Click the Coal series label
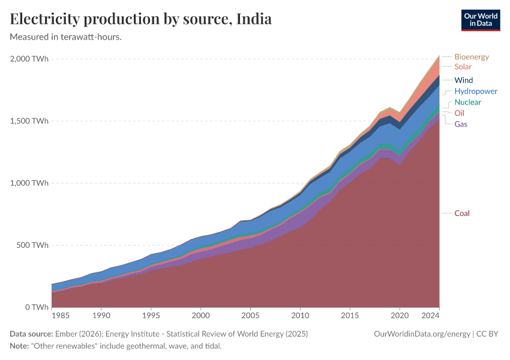462,214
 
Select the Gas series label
461,124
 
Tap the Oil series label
459,113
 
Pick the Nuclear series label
467,103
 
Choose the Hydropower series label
476,91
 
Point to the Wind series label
463,80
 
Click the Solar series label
463,67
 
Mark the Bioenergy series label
472,57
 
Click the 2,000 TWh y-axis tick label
29,59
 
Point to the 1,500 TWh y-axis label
29,121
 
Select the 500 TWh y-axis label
33,245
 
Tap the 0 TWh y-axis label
37,307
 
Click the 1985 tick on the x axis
60,315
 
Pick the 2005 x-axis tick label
250,315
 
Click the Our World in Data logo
481,20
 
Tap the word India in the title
254,19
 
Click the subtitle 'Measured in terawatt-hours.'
66,37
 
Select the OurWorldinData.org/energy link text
422,334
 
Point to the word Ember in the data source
66,334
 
